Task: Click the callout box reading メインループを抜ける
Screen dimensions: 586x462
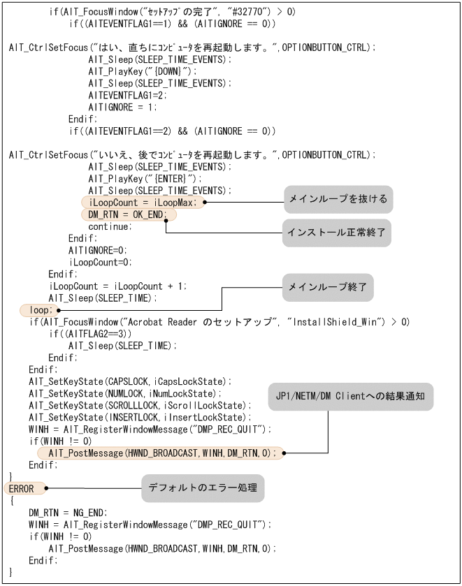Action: point(337,200)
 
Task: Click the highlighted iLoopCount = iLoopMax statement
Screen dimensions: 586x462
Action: point(143,202)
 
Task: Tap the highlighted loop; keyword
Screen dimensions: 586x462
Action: point(36,309)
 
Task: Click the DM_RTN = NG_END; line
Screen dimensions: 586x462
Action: point(68,512)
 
